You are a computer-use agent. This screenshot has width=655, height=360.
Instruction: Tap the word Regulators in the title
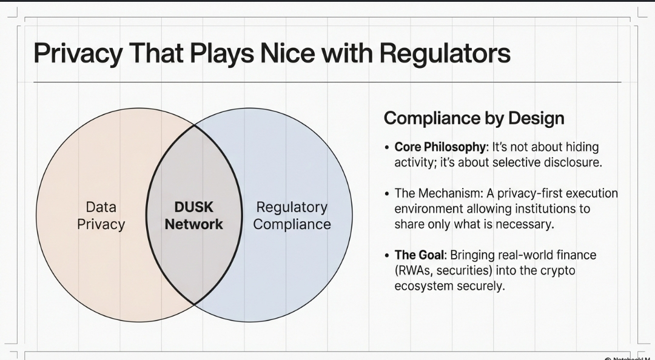click(x=445, y=53)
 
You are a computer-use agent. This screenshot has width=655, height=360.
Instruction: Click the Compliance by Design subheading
click(x=474, y=118)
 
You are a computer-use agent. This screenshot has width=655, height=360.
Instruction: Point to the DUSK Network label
click(x=194, y=216)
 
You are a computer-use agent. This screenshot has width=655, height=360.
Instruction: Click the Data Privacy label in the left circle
click(x=101, y=216)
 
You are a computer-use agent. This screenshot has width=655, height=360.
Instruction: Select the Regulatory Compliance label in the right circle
click(x=292, y=216)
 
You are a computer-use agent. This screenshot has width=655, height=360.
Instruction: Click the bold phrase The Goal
click(x=419, y=255)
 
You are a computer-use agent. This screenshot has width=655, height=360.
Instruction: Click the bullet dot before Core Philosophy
click(x=387, y=148)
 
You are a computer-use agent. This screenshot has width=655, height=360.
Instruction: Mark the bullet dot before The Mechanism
click(x=387, y=194)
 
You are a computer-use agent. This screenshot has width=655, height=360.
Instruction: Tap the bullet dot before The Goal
click(x=387, y=256)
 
